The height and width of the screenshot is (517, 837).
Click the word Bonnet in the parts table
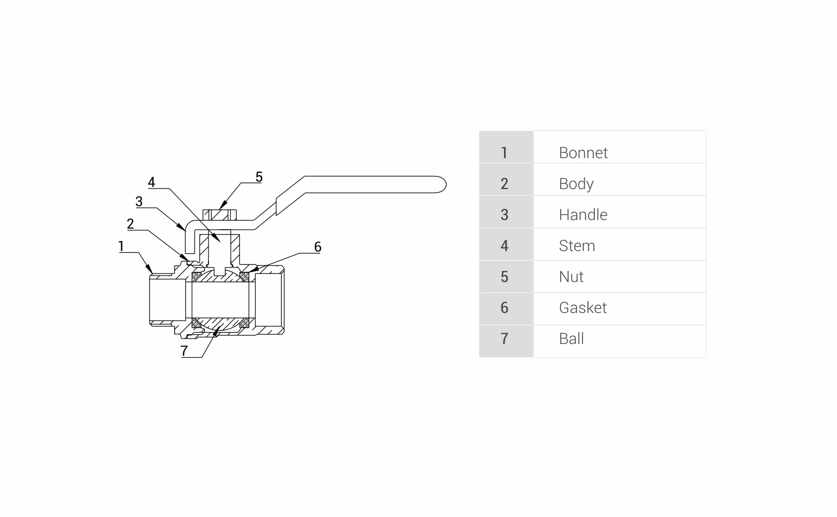point(583,153)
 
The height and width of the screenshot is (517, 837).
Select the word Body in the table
point(576,184)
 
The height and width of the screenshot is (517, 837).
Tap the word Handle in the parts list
point(583,215)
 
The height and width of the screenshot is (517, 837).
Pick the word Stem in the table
point(577,246)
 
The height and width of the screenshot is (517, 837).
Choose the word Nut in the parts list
point(571,277)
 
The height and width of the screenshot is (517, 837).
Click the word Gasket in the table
point(583,308)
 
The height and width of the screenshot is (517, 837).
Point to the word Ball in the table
point(571,339)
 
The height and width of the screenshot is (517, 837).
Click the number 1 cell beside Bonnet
point(504,153)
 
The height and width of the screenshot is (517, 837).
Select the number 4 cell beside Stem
point(504,246)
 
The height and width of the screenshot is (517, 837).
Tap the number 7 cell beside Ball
point(504,339)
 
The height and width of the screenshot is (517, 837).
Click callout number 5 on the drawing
point(259,177)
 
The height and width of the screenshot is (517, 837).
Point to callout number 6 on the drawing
point(317,247)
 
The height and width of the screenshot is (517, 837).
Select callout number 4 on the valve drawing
point(151,183)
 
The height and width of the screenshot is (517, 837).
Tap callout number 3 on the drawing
point(139,201)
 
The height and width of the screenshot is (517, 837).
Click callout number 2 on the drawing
point(130,224)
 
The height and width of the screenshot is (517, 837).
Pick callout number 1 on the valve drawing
point(121,246)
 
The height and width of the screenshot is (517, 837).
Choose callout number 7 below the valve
point(184,351)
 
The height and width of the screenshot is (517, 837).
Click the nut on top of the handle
point(220,215)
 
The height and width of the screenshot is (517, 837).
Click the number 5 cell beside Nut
point(504,277)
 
